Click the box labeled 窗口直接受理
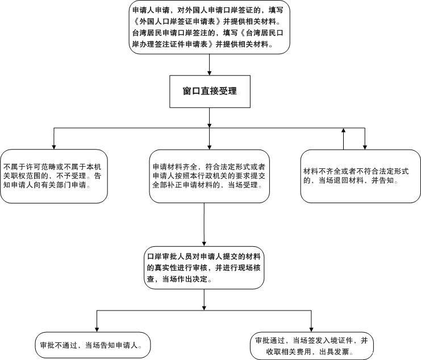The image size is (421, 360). [x=210, y=91]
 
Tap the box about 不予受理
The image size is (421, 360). [x=54, y=176]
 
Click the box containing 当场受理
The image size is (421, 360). [x=210, y=176]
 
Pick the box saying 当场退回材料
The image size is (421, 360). [x=360, y=176]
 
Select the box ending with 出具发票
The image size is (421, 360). [x=312, y=346]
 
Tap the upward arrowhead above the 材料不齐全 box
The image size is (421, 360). [x=344, y=131]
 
